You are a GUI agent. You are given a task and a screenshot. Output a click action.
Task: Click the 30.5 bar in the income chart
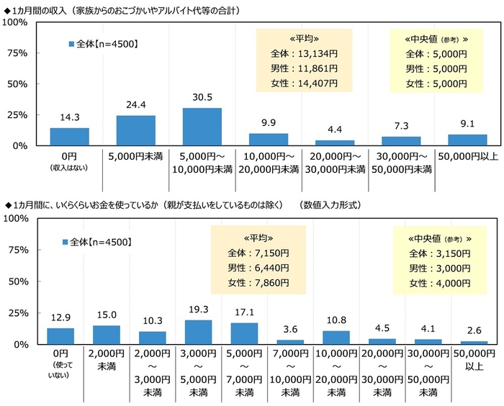(202, 127)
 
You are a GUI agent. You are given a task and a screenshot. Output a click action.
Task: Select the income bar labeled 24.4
(135, 130)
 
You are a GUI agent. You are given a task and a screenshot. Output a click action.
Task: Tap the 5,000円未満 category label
(135, 155)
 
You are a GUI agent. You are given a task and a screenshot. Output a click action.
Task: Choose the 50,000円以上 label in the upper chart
(468, 155)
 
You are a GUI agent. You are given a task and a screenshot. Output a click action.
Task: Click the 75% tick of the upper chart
(17, 53)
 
